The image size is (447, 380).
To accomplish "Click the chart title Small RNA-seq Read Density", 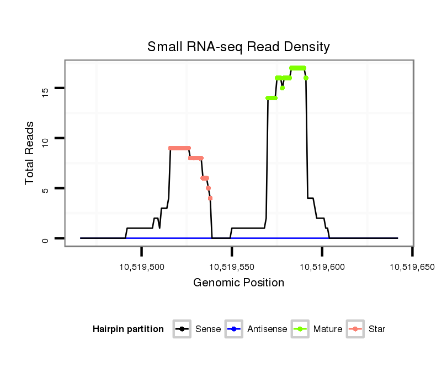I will point(238,47).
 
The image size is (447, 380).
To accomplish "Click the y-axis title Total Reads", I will point(30,153).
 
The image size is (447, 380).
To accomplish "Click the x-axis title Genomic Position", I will point(238,283).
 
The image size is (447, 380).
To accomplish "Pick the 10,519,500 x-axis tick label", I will point(142,267).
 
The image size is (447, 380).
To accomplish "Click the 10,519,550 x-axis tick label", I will point(232,267).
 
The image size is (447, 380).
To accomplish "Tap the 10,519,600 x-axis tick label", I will point(322,267).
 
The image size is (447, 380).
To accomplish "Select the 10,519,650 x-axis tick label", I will point(412,267).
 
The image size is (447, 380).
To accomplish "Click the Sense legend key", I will point(182,329).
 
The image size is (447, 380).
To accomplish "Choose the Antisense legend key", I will point(234,329).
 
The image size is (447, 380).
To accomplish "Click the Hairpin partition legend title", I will point(128,329).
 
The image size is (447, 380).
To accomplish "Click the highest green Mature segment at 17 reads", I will point(297,68).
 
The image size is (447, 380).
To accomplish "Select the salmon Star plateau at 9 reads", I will point(179,148).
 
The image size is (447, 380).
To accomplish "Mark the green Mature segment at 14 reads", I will point(272,98).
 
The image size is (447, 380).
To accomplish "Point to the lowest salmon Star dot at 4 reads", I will point(210,198).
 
